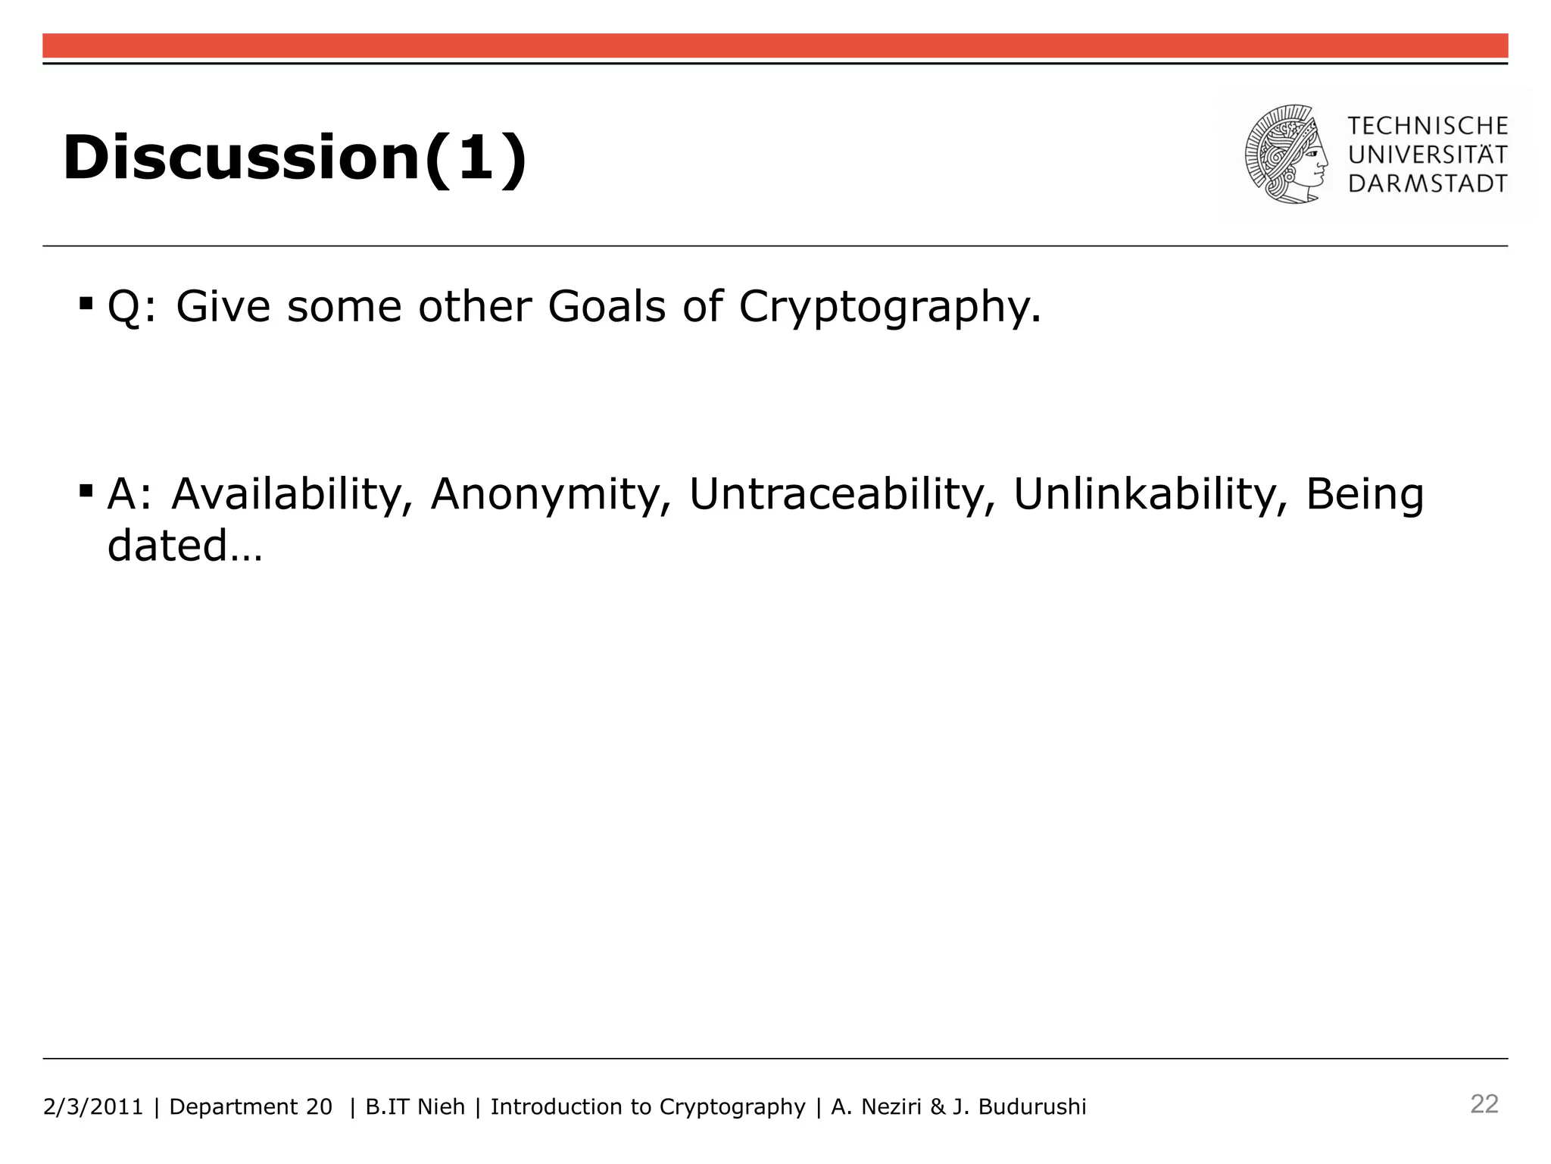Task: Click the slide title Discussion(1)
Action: click(x=295, y=158)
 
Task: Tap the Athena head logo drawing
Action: click(x=1286, y=155)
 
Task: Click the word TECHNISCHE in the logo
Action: click(x=1428, y=126)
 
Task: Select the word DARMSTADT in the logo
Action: click(x=1428, y=183)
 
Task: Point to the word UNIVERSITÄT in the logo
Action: click(x=1428, y=155)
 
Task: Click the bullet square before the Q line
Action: click(x=86, y=305)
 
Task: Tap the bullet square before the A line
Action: click(x=86, y=492)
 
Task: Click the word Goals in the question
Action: click(x=607, y=306)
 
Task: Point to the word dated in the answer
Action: click(x=167, y=545)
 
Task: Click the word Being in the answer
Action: click(x=1365, y=495)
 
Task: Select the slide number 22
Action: click(x=1484, y=1104)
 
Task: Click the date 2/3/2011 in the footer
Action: click(x=93, y=1107)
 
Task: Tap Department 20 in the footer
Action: click(x=251, y=1107)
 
